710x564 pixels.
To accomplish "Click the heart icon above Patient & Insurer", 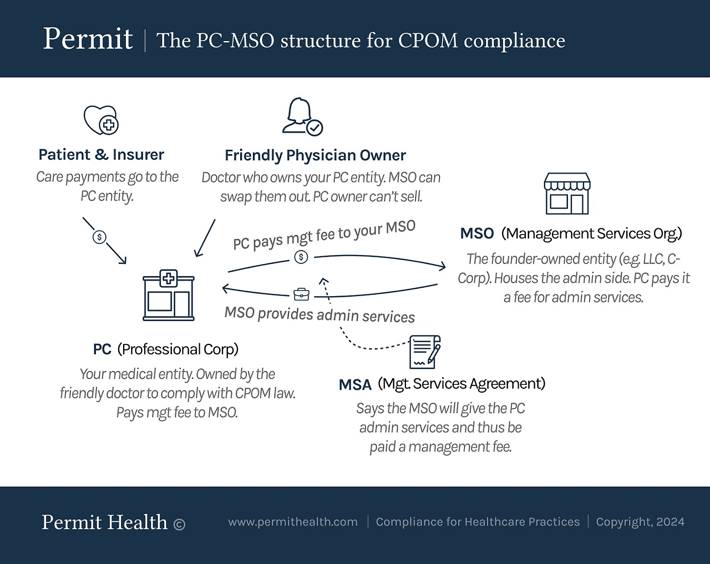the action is pyautogui.click(x=101, y=120).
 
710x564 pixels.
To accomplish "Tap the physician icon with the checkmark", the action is pyautogui.click(x=302, y=117).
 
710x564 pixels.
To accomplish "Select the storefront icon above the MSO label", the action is pyautogui.click(x=567, y=194).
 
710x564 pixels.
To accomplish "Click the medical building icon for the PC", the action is pyautogui.click(x=169, y=295).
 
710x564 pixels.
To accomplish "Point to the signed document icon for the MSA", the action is pyautogui.click(x=425, y=352).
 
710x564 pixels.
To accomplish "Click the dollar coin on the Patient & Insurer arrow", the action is pyautogui.click(x=99, y=237).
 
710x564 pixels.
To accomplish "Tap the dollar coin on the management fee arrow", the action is pyautogui.click(x=301, y=257).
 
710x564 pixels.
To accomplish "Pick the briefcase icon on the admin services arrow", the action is pyautogui.click(x=301, y=294).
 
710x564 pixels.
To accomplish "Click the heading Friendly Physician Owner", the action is pyautogui.click(x=315, y=155).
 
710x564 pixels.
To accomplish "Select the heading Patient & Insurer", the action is pyautogui.click(x=102, y=154).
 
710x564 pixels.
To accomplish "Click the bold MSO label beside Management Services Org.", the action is pyautogui.click(x=476, y=233).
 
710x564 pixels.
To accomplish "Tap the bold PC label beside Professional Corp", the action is pyautogui.click(x=102, y=349).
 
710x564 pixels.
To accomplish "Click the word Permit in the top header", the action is pyautogui.click(x=88, y=39).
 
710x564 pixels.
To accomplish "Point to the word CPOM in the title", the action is pyautogui.click(x=428, y=41).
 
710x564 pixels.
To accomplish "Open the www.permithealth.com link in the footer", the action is pyautogui.click(x=293, y=522).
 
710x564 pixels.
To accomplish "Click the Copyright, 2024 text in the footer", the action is pyautogui.click(x=640, y=522).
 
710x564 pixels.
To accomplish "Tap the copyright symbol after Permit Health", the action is pyautogui.click(x=179, y=525).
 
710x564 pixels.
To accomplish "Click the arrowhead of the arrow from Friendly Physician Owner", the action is pyautogui.click(x=196, y=253).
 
